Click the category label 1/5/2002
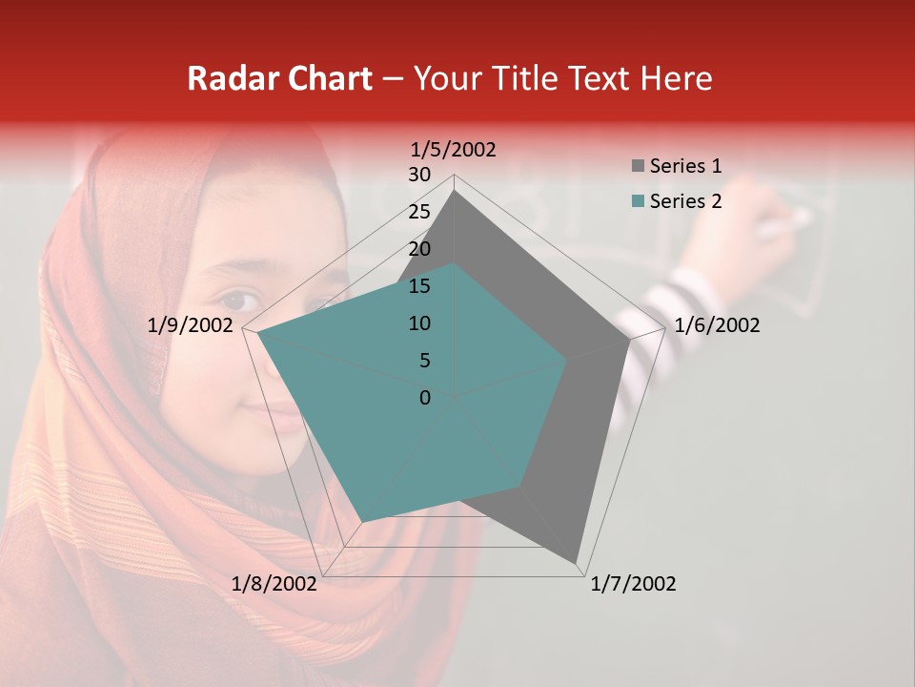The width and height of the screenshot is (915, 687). tap(453, 150)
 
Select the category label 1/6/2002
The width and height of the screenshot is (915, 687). tap(717, 325)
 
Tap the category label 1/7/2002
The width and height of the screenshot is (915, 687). tap(633, 584)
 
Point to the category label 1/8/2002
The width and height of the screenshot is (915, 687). tap(274, 584)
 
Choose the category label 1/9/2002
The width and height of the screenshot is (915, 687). tap(191, 325)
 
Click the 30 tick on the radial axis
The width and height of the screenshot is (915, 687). tap(419, 175)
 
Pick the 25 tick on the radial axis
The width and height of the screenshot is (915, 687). tap(419, 212)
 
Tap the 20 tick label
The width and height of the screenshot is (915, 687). tap(419, 249)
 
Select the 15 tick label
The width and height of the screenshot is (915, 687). tap(419, 286)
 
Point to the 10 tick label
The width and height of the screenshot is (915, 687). tap(419, 323)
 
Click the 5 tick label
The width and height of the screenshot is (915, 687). tap(424, 361)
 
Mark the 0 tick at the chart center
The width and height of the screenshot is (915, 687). tap(425, 398)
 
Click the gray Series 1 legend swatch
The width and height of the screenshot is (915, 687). tap(638, 167)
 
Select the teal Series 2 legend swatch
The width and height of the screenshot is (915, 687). tap(638, 201)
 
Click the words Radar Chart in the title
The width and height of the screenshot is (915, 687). tap(279, 78)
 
